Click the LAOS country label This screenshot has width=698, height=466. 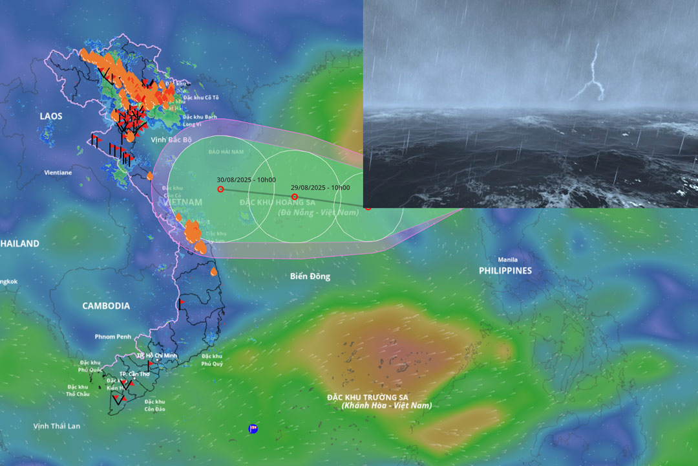[50, 116]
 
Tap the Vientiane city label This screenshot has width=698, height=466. [58, 173]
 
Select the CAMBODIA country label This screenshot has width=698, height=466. [106, 305]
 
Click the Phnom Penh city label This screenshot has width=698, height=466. [113, 337]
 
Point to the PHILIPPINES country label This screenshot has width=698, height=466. [505, 271]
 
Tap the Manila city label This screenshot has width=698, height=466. [507, 260]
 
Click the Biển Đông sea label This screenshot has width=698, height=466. [310, 276]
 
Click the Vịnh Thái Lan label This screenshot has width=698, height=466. [57, 426]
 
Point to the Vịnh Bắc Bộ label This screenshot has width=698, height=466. [171, 139]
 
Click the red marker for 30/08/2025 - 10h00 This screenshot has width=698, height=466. [221, 189]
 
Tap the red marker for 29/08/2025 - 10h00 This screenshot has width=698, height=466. [295, 197]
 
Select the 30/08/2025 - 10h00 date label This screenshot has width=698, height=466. [246, 180]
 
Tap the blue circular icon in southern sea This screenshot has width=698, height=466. [253, 428]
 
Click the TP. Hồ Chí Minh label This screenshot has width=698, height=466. [157, 356]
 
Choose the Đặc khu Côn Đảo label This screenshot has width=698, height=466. [155, 405]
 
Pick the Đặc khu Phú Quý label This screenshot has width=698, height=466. [212, 360]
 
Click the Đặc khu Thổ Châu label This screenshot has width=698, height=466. [78, 390]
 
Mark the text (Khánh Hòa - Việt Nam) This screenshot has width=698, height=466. [386, 405]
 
